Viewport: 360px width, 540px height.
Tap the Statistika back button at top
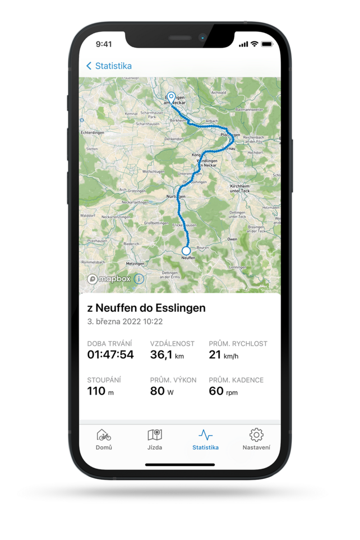109,66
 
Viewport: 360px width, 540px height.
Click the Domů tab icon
104,435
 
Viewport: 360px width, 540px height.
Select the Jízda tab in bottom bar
155,435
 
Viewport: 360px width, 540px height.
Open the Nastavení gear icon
256,435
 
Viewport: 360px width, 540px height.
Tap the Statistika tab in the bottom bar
205,439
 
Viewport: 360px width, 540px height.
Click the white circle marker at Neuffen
186,251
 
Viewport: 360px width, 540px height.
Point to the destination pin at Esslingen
172,97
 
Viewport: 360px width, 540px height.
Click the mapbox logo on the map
110,279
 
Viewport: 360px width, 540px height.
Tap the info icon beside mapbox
139,279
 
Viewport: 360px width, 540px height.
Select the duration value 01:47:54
110,354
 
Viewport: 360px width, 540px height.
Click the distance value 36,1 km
167,354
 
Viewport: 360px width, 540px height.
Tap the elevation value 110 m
100,391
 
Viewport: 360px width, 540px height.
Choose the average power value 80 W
161,391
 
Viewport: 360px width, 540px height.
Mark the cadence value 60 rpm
223,391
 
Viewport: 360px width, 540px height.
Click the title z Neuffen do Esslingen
146,308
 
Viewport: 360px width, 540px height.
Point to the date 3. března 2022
125,322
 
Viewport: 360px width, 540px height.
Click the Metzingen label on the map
135,263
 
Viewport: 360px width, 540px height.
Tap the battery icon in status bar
267,44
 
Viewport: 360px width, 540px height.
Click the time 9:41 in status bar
104,44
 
